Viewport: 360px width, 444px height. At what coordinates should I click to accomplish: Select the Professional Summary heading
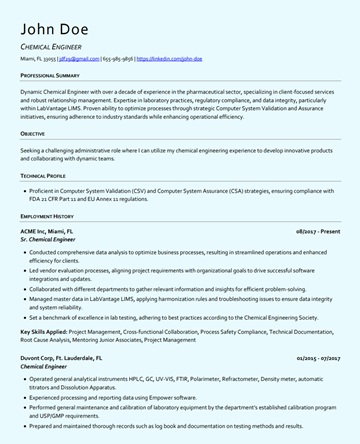[50, 75]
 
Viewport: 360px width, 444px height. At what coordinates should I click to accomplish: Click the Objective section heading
[33, 133]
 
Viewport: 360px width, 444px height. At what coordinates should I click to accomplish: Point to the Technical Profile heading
[45, 175]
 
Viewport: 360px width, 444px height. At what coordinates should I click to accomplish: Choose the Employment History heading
[47, 216]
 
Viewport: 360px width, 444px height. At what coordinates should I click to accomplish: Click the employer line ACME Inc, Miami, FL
[47, 231]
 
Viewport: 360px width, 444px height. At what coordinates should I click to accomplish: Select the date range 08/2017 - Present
[318, 231]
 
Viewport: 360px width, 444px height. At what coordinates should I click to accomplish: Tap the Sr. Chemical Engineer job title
[48, 240]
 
